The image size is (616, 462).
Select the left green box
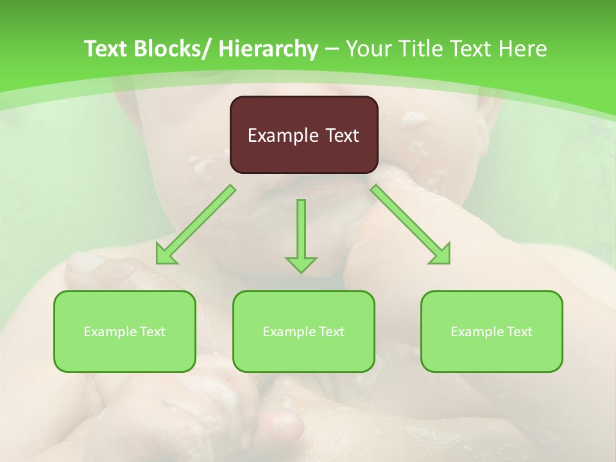pyautogui.click(x=124, y=332)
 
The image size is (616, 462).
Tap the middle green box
pyautogui.click(x=304, y=332)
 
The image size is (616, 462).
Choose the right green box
pyautogui.click(x=492, y=332)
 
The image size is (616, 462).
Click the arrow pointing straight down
pyautogui.click(x=301, y=235)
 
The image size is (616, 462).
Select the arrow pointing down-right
pyautogui.click(x=410, y=224)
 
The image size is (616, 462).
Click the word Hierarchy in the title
pyautogui.click(x=268, y=49)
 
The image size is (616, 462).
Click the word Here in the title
pyautogui.click(x=523, y=49)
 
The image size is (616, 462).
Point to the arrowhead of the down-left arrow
pyautogui.click(x=166, y=255)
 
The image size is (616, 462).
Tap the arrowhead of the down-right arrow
pyautogui.click(x=441, y=255)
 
